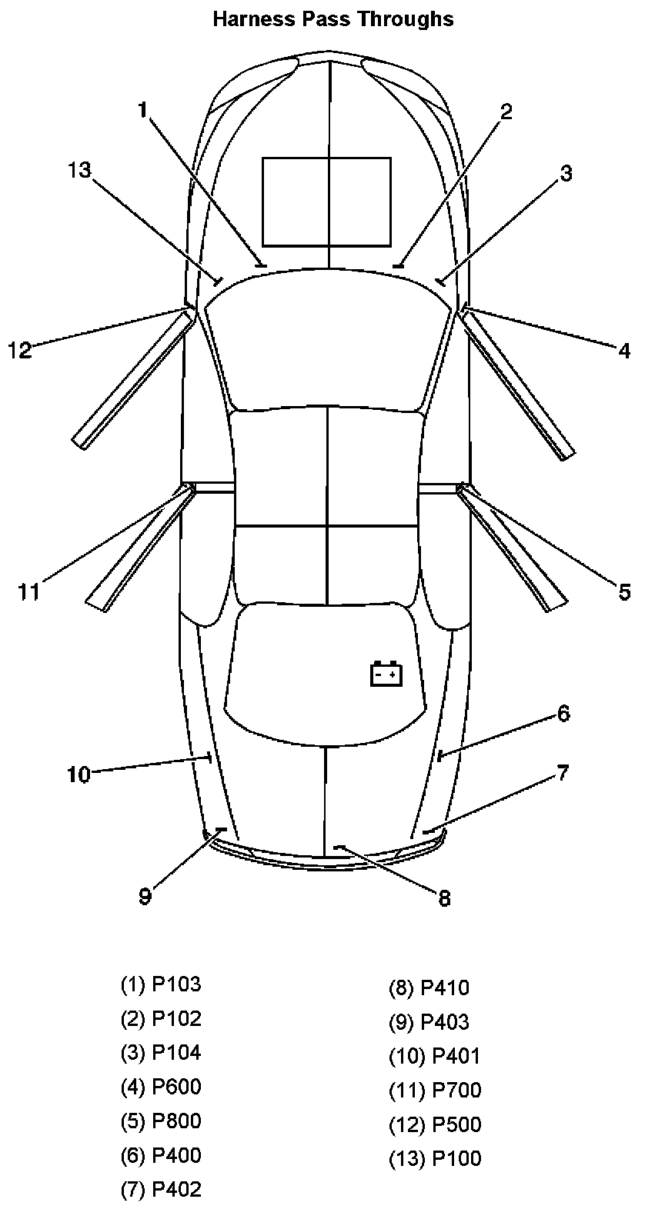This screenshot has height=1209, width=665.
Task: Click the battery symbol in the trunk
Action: (386, 674)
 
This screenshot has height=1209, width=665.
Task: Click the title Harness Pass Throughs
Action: (332, 18)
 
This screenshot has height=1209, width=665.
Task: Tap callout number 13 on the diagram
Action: (79, 170)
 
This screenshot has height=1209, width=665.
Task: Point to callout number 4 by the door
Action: (624, 351)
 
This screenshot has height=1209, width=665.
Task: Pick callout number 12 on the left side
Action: (20, 351)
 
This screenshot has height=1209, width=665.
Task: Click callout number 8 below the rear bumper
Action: (444, 898)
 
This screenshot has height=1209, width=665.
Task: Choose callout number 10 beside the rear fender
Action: (79, 774)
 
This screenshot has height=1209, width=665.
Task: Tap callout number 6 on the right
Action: (563, 713)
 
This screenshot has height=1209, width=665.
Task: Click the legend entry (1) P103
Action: (161, 984)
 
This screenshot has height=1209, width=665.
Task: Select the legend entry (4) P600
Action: (161, 1086)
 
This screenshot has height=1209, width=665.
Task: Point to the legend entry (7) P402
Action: (161, 1189)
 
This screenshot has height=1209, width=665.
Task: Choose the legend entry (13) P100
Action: (435, 1158)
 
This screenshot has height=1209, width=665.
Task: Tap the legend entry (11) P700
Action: (435, 1090)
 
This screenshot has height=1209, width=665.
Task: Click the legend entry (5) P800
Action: (161, 1121)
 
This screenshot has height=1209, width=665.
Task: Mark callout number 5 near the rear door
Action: (623, 591)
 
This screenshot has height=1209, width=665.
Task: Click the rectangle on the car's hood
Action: (326, 201)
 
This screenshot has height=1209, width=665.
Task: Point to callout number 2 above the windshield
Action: (506, 111)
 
